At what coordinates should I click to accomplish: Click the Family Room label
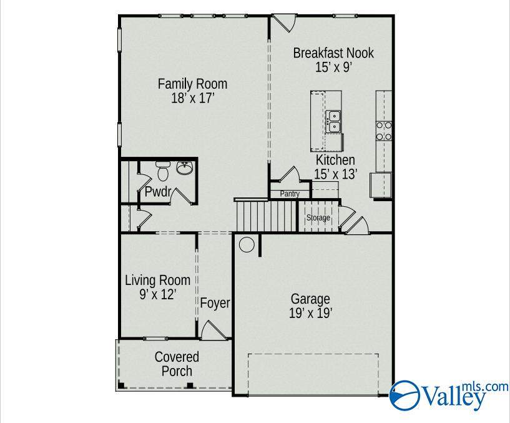pos(192,91)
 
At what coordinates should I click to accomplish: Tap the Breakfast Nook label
pos(333,60)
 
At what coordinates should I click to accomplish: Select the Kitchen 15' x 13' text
pos(335,168)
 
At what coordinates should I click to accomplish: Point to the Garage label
pos(310,306)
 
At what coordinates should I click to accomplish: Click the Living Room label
pos(157,287)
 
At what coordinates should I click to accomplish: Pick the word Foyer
pos(215,304)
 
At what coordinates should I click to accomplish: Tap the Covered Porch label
pos(177,364)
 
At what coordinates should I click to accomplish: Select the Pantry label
pos(290,194)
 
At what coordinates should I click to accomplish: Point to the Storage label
pos(318,218)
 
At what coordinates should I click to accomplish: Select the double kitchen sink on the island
pos(335,121)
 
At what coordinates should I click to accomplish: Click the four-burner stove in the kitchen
pos(383,130)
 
